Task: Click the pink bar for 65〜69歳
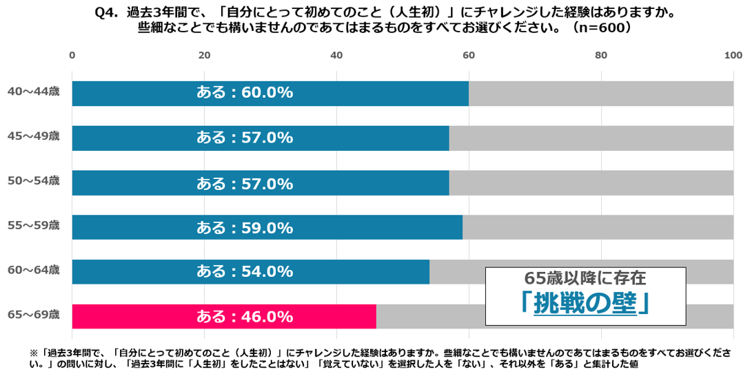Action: (224, 316)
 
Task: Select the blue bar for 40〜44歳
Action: (270, 93)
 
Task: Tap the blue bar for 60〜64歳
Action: (250, 271)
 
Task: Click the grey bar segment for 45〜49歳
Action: (591, 138)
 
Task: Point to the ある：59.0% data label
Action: (245, 227)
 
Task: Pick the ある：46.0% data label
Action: (245, 317)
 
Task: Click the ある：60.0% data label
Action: (245, 93)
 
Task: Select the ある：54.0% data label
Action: (245, 272)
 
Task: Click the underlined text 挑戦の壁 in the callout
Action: (585, 304)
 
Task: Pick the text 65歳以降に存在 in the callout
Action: (585, 278)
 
